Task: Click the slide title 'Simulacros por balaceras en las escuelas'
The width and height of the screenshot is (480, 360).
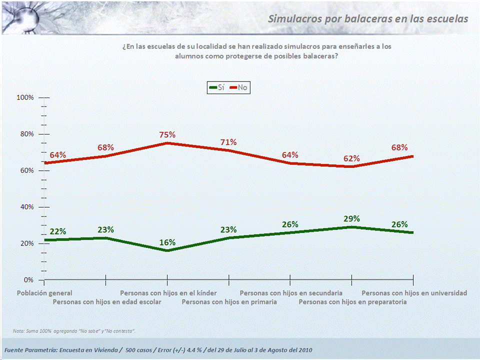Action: click(x=368, y=19)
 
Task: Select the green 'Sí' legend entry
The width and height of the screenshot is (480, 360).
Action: click(x=217, y=87)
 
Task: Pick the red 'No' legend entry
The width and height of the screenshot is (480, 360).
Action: click(x=238, y=87)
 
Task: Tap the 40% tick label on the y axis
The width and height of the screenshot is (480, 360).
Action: click(x=26, y=207)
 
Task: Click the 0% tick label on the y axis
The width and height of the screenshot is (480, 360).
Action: click(x=28, y=280)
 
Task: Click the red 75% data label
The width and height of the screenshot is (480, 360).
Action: click(x=167, y=134)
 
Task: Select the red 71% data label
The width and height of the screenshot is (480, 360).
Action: click(x=228, y=142)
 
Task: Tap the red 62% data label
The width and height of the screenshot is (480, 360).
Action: click(x=351, y=158)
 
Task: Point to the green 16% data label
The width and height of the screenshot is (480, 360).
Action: click(x=167, y=242)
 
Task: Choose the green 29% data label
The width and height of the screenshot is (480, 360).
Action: click(x=351, y=218)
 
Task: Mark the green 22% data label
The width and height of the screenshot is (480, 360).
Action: click(x=58, y=231)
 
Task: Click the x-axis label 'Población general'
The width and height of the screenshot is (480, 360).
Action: click(x=44, y=293)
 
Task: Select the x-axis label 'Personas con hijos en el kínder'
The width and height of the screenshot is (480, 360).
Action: click(x=168, y=293)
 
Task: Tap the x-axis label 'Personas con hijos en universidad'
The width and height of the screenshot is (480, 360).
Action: click(x=414, y=293)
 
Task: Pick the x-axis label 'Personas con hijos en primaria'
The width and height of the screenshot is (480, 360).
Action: click(x=229, y=302)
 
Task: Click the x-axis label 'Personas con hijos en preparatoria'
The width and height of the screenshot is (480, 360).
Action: click(x=352, y=302)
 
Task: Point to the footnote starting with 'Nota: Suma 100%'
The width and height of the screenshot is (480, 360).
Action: click(x=74, y=331)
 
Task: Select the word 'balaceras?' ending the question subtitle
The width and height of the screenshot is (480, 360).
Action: click(x=320, y=56)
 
